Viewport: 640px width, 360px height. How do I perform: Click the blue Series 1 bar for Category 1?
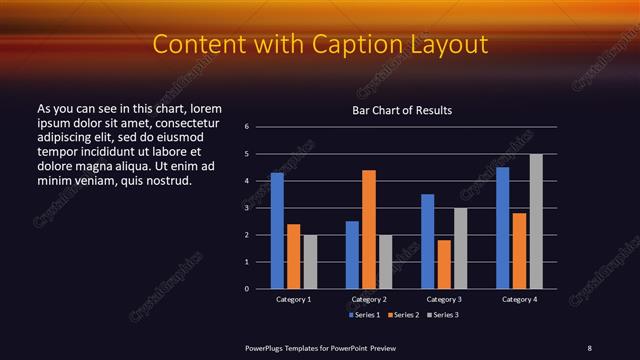[x=277, y=231]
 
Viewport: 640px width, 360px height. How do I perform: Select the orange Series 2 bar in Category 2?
[x=369, y=229]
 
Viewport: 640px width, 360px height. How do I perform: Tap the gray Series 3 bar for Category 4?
[x=536, y=221]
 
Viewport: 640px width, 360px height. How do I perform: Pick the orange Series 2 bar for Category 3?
[x=444, y=264]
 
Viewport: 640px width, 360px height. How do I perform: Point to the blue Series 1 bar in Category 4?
[x=502, y=228]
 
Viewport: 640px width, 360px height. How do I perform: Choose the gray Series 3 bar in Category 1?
[x=310, y=262]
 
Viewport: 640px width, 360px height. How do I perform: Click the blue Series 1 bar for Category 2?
[x=352, y=255]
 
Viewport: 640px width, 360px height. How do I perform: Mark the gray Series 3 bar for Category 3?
[x=460, y=248]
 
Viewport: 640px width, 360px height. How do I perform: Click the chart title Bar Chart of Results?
[x=403, y=110]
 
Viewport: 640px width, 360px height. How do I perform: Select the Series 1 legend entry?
[x=362, y=315]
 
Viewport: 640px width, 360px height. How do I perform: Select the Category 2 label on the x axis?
[x=369, y=300]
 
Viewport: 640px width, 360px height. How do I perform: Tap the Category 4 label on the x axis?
[x=519, y=300]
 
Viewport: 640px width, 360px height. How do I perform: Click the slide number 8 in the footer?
[x=590, y=347]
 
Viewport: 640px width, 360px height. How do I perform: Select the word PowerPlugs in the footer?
[x=269, y=347]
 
